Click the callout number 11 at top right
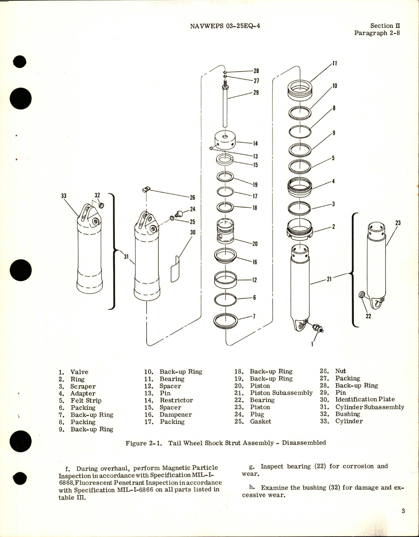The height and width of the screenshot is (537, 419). click(x=335, y=64)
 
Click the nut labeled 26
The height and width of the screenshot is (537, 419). click(x=146, y=190)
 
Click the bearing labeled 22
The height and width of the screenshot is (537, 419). click(x=362, y=295)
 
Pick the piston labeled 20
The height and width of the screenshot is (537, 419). click(x=225, y=231)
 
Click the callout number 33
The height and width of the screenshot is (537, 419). click(x=64, y=196)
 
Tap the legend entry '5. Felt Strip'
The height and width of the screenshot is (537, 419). click(x=80, y=400)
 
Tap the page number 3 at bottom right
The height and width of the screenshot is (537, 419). click(x=403, y=511)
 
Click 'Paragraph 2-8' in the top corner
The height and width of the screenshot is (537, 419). click(x=377, y=33)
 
